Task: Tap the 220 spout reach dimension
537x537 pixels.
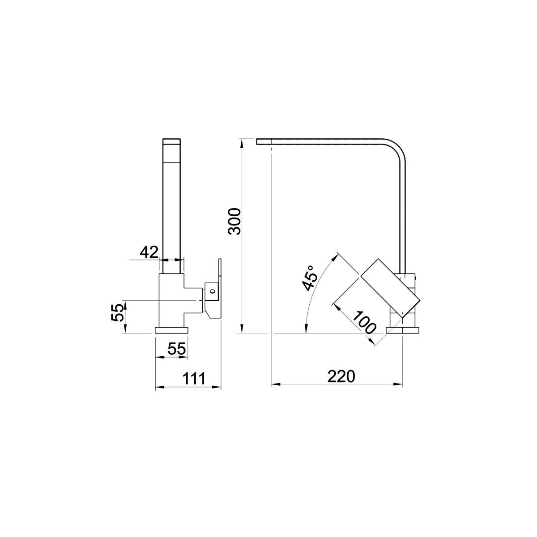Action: pos(341,376)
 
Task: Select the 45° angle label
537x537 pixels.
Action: pos(310,278)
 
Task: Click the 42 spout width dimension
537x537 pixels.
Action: pos(149,252)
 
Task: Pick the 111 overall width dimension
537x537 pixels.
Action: pos(194,379)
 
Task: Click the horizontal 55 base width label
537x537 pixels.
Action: pos(177,349)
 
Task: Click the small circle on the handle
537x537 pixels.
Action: pos(213,291)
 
